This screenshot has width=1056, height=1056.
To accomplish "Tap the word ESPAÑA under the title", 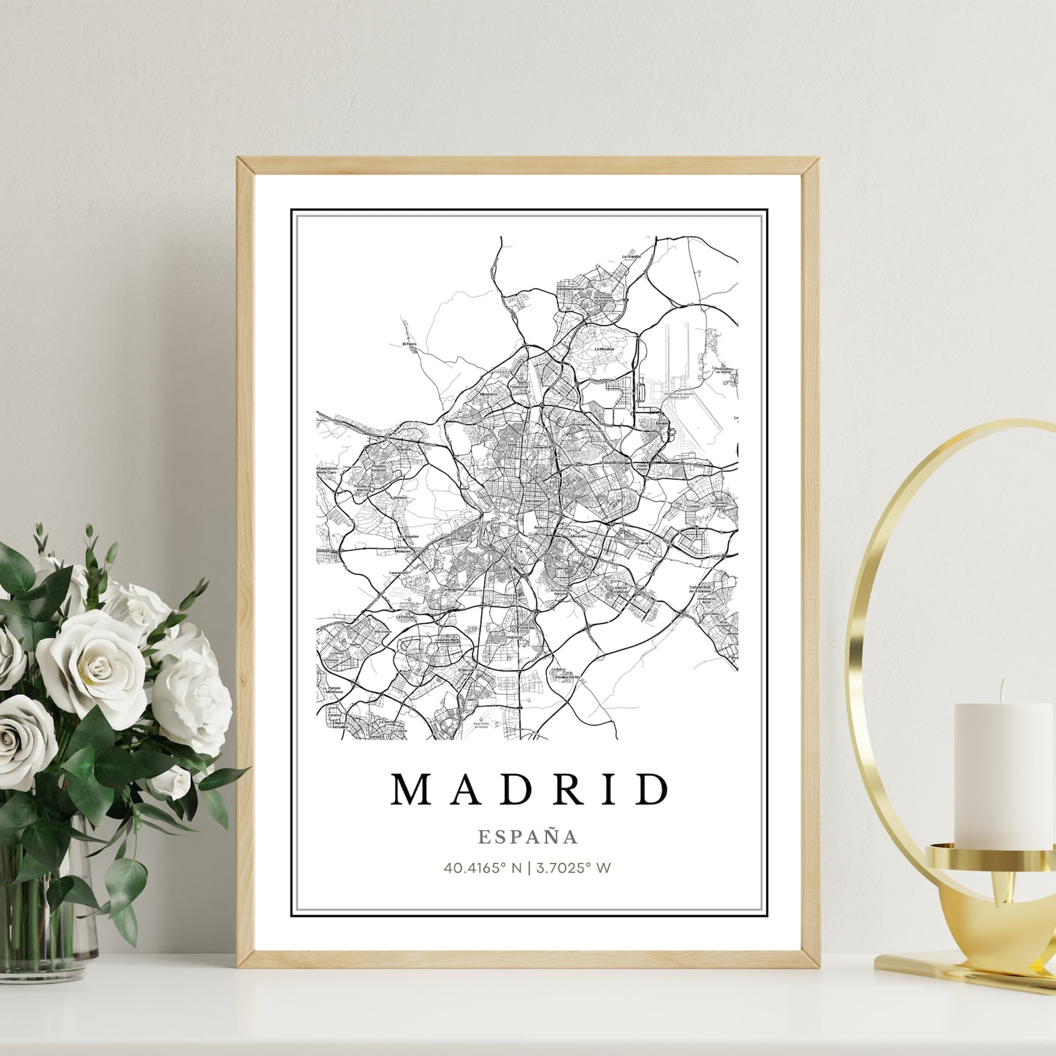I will (528, 837).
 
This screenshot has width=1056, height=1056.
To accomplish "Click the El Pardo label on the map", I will (410, 344).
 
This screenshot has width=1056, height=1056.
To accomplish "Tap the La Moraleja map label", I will (604, 348).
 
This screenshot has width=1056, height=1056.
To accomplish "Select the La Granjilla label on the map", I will (630, 256).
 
